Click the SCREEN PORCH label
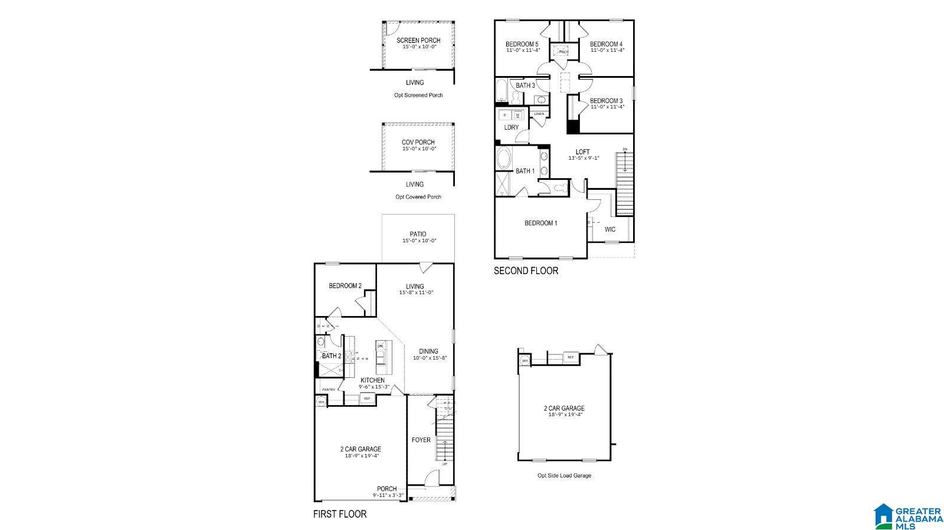pyautogui.click(x=418, y=41)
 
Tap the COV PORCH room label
pyautogui.click(x=418, y=142)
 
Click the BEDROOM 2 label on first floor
pyautogui.click(x=345, y=286)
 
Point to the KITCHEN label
pyautogui.click(x=373, y=380)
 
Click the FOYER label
pyautogui.click(x=421, y=440)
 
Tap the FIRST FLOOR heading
pyautogui.click(x=339, y=514)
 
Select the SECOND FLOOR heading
pyautogui.click(x=526, y=271)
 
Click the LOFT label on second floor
pyautogui.click(x=582, y=152)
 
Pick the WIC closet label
pyautogui.click(x=610, y=229)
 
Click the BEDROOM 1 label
pyautogui.click(x=540, y=223)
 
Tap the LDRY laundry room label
pyautogui.click(x=511, y=127)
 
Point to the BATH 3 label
pyautogui.click(x=525, y=85)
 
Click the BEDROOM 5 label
pyautogui.click(x=522, y=44)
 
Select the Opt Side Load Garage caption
pyautogui.click(x=563, y=475)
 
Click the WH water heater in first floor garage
pyautogui.click(x=322, y=401)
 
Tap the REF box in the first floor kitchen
pyautogui.click(x=366, y=399)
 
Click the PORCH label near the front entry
pyautogui.click(x=387, y=489)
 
